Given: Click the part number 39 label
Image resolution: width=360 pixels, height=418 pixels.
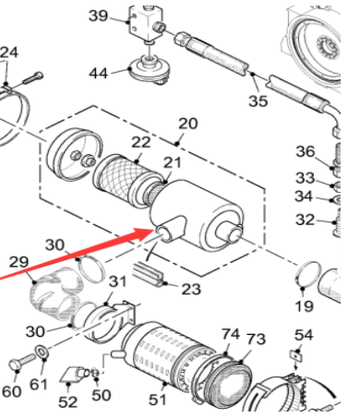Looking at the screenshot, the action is (98, 16).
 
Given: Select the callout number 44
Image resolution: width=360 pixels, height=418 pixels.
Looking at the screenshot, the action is (99, 74).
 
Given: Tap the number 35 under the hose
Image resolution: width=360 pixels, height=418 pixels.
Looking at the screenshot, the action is (258, 101).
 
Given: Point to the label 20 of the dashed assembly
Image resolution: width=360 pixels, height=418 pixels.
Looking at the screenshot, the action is (188, 124).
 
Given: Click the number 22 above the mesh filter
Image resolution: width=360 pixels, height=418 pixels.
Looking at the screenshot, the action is (141, 142).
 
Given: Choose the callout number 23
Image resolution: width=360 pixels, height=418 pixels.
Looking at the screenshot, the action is (191, 289).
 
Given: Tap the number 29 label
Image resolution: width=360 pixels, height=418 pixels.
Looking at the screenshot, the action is (18, 262).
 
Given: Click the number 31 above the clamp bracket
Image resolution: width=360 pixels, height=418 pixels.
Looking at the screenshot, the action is (118, 281).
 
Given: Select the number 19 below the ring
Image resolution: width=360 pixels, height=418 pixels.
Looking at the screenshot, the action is (304, 305).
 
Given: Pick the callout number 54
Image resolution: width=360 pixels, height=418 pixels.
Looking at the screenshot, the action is (304, 335).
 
